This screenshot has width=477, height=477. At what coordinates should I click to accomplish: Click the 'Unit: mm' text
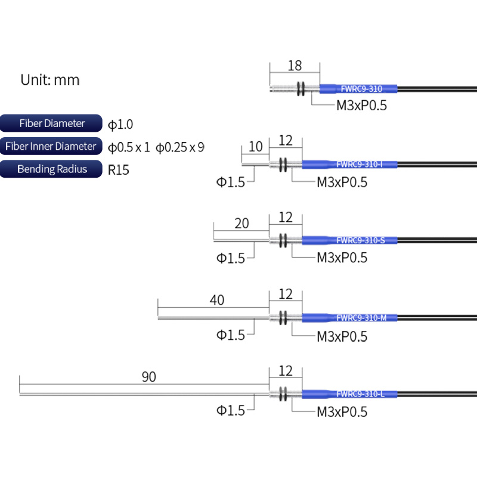[x=50, y=80]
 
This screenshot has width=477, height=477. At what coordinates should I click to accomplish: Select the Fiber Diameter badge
[x=51, y=123]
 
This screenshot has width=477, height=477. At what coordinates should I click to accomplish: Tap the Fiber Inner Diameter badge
[x=50, y=146]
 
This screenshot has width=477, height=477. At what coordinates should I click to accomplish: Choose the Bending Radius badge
[x=51, y=169]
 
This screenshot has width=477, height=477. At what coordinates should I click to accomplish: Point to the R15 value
[x=119, y=169]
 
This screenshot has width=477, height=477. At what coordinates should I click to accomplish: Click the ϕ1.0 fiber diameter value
[x=120, y=124]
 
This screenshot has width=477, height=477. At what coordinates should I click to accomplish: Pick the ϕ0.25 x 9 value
[x=180, y=147]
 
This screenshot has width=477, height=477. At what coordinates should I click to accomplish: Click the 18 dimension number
[x=295, y=66]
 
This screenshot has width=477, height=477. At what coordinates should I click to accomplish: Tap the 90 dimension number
[x=148, y=377]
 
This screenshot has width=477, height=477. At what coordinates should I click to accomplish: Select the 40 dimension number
[x=217, y=300]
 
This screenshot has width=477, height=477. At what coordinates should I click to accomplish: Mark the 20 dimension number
[x=241, y=224]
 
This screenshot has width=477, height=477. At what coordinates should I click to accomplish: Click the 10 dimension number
[x=255, y=147]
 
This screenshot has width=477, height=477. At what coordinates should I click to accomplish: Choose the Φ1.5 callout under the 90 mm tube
[x=230, y=411]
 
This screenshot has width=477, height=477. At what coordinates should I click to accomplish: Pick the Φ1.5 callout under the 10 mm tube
[x=230, y=182]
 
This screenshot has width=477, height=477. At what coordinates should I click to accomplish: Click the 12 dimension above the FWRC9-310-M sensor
[x=286, y=294]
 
